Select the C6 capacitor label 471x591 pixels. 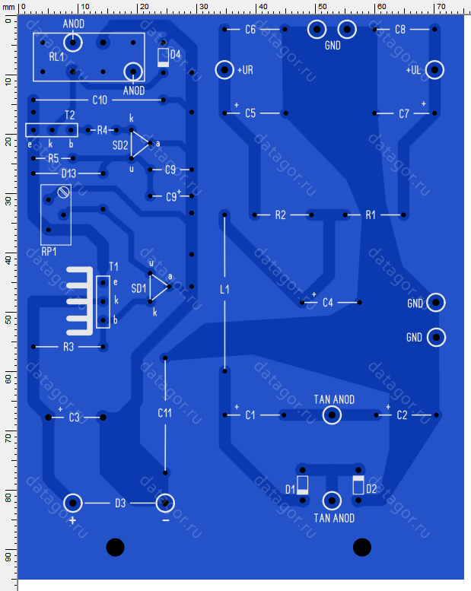tap(250, 30)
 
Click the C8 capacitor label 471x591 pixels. tap(400, 30)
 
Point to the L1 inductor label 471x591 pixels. tap(224, 290)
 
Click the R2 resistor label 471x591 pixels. tap(280, 215)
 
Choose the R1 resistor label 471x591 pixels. tap(371, 215)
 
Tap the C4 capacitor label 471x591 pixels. tap(328, 303)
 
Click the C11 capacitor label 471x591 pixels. tap(165, 413)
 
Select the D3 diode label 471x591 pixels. tap(120, 504)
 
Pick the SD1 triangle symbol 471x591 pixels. tap(151, 288)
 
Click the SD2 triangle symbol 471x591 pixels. tap(132, 144)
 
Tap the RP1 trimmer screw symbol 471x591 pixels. tap(63, 192)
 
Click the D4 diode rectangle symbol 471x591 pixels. tap(164, 58)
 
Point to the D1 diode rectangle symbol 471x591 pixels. tap(302, 485)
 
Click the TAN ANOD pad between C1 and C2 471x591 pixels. tap(332, 415)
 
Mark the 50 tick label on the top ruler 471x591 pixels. tap(322, 6)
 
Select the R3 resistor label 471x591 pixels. tap(68, 347)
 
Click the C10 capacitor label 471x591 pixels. tap(100, 100)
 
